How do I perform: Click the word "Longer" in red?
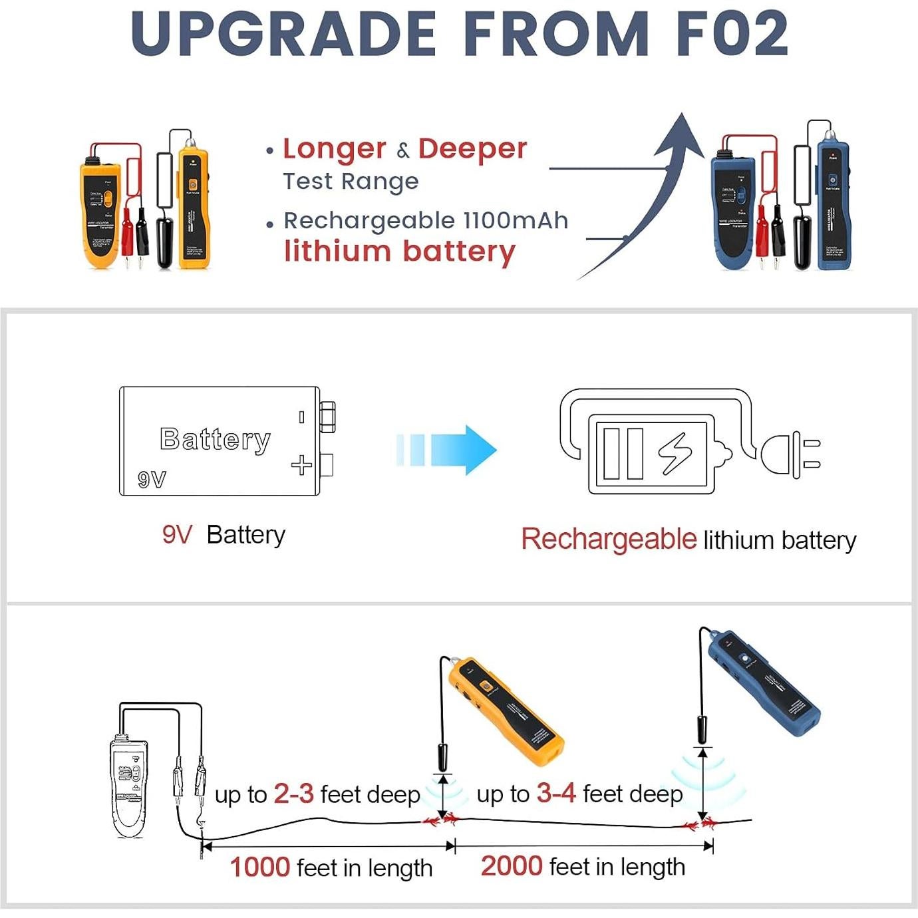coord(334,149)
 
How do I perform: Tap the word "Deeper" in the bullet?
coord(472,149)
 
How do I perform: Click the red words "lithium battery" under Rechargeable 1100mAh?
coord(400,252)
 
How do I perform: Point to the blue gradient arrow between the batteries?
coord(447,449)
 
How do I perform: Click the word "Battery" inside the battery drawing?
coord(215,439)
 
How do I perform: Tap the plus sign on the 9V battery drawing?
coord(301,465)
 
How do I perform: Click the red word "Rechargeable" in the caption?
coord(608,539)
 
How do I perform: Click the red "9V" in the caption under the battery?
coord(177,535)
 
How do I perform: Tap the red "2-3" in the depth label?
coord(293,794)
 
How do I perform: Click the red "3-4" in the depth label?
coord(555,793)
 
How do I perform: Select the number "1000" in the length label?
coord(259,867)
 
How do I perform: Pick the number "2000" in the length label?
coord(512,866)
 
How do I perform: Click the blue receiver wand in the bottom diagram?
coord(765,685)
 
